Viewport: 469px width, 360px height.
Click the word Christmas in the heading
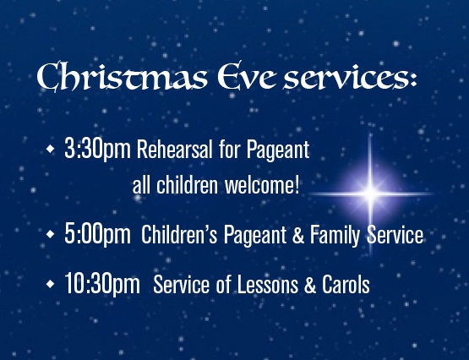122,77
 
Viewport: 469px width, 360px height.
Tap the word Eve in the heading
247,76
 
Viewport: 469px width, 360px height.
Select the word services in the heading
344,78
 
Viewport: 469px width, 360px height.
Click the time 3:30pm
97,150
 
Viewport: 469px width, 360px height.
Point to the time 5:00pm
97,234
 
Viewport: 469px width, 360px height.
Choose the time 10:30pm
102,284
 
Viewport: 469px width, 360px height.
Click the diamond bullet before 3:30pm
50,149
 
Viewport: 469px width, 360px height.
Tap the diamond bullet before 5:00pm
50,234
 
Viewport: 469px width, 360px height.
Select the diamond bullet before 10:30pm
50,283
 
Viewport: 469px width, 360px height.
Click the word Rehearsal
175,149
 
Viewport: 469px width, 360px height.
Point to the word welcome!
262,185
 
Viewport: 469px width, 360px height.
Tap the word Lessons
268,284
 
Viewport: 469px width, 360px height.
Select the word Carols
346,284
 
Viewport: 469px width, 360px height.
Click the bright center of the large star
370,194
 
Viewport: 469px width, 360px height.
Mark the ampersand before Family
298,234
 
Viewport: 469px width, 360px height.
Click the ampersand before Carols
310,284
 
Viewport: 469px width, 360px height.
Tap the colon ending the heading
413,79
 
